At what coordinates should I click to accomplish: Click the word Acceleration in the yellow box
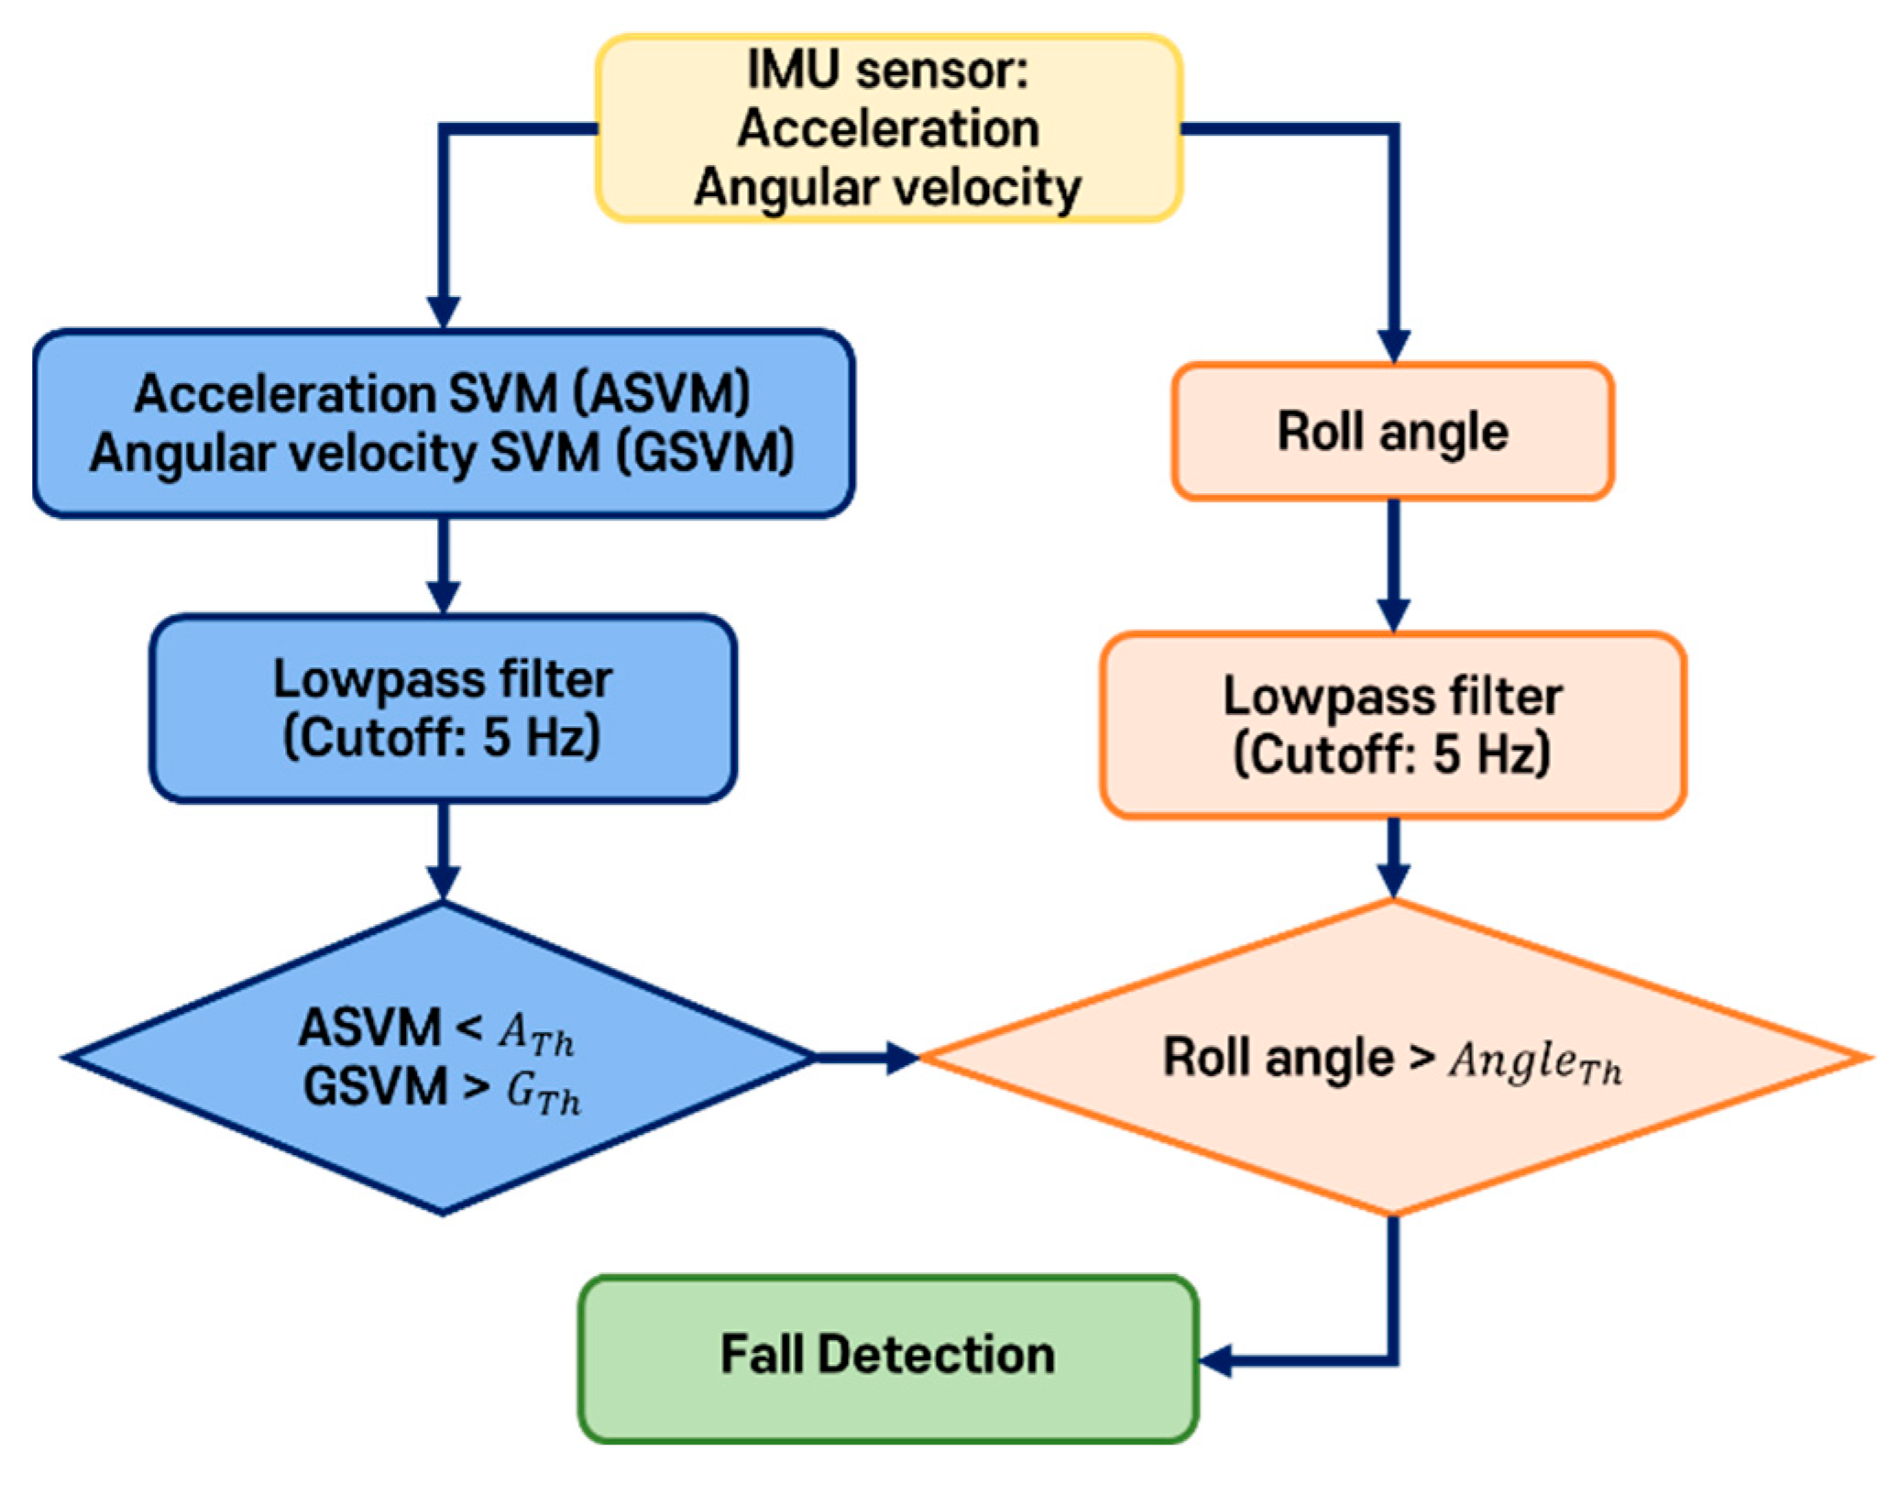pyautogui.click(x=887, y=128)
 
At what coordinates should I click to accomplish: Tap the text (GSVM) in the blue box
pyautogui.click(x=704, y=454)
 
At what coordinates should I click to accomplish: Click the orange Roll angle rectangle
pyautogui.click(x=1391, y=432)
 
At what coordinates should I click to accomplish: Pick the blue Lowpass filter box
pyautogui.click(x=443, y=709)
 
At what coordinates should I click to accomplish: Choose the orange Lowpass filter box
pyautogui.click(x=1391, y=725)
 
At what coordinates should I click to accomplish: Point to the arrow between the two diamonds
pyautogui.click(x=866, y=1057)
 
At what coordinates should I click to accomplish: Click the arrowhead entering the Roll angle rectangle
pyautogui.click(x=1393, y=346)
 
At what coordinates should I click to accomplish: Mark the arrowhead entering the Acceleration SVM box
pyautogui.click(x=444, y=312)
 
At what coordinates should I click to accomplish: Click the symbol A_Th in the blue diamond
pyautogui.click(x=536, y=1036)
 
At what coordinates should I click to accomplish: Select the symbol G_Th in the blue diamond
pyautogui.click(x=543, y=1094)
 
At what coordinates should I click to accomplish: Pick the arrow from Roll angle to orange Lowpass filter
pyautogui.click(x=1393, y=564)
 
